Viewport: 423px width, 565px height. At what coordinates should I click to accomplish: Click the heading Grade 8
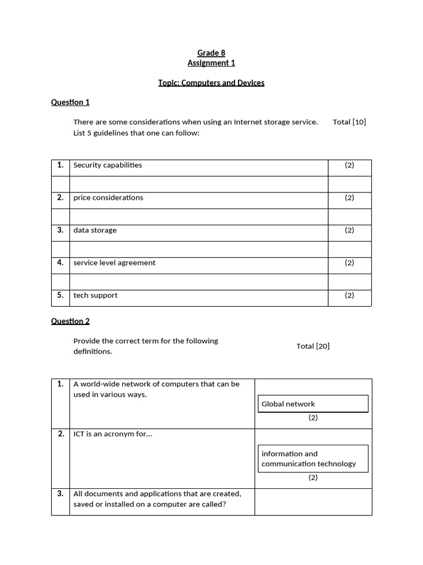[x=211, y=53]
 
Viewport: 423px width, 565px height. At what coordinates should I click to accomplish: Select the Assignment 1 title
[x=211, y=63]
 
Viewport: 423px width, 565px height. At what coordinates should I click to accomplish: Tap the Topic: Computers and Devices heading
[x=211, y=83]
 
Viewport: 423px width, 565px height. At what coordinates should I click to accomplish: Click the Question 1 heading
[x=70, y=102]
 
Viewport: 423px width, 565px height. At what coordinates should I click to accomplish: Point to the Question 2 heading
[x=70, y=321]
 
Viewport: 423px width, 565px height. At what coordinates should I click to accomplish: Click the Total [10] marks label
[x=349, y=122]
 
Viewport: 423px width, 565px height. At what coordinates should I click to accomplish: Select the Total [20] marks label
[x=313, y=346]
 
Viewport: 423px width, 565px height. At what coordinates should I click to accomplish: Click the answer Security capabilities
[x=107, y=165]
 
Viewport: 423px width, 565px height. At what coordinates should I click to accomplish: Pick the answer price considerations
[x=108, y=198]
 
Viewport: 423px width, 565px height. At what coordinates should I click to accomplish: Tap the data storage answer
[x=95, y=230]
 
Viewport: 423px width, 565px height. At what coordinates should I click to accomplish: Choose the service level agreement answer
[x=114, y=263]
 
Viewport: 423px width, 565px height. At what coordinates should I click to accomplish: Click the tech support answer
[x=95, y=295]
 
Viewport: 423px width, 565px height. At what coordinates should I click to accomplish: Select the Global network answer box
[x=313, y=404]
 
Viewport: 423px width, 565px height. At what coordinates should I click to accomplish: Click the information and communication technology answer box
[x=313, y=459]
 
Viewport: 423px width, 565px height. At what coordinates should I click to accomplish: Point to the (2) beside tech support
[x=350, y=295]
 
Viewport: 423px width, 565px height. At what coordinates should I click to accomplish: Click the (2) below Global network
[x=313, y=418]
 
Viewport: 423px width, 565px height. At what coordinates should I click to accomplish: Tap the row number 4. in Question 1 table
[x=61, y=263]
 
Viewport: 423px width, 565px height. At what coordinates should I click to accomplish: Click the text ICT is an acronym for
[x=112, y=434]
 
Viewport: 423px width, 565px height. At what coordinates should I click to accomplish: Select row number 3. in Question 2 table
[x=61, y=493]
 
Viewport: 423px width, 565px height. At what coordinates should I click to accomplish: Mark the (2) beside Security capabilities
[x=350, y=165]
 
